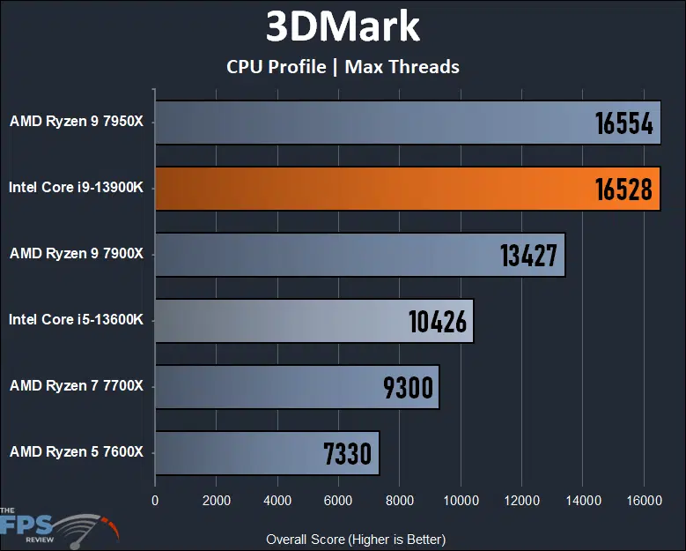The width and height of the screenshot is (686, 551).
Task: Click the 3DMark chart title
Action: (343, 27)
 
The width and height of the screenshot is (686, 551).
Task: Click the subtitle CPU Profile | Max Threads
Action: (343, 66)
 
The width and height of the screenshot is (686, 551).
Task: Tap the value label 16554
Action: (623, 123)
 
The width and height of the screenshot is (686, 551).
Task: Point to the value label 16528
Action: (623, 189)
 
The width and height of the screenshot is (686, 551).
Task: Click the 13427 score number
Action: (528, 255)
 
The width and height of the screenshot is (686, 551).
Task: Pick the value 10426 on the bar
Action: (438, 321)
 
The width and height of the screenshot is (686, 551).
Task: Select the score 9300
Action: (408, 387)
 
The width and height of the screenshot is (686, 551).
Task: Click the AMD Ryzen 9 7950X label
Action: (77, 121)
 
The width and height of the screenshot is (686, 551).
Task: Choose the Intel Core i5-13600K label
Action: (76, 319)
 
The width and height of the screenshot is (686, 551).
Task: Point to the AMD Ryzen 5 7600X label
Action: (77, 451)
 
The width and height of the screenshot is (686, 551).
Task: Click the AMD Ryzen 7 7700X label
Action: (77, 385)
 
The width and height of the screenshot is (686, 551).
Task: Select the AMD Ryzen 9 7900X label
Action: (77, 253)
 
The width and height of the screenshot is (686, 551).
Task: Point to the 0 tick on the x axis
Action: (155, 501)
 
